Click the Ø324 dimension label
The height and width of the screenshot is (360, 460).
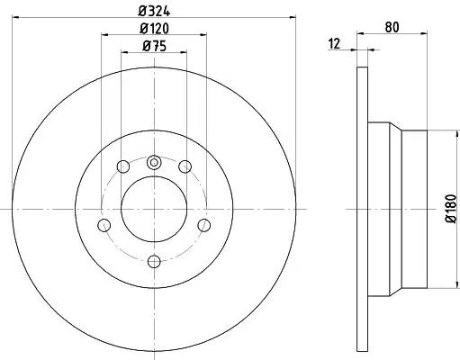pos(154,12)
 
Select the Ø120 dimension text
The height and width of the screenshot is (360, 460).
pos(154,29)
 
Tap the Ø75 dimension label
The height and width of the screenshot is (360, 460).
pos(154,46)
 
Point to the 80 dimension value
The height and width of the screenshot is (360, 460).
pos(392,27)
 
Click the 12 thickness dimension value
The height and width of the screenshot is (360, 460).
pos(334,44)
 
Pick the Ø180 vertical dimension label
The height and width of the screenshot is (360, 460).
pos(451,209)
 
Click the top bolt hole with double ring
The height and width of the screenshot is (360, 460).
pos(154,163)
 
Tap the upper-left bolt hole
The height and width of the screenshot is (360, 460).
pos(123,166)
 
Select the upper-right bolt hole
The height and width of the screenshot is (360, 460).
pos(185,166)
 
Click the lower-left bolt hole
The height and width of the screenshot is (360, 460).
pos(104,225)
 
